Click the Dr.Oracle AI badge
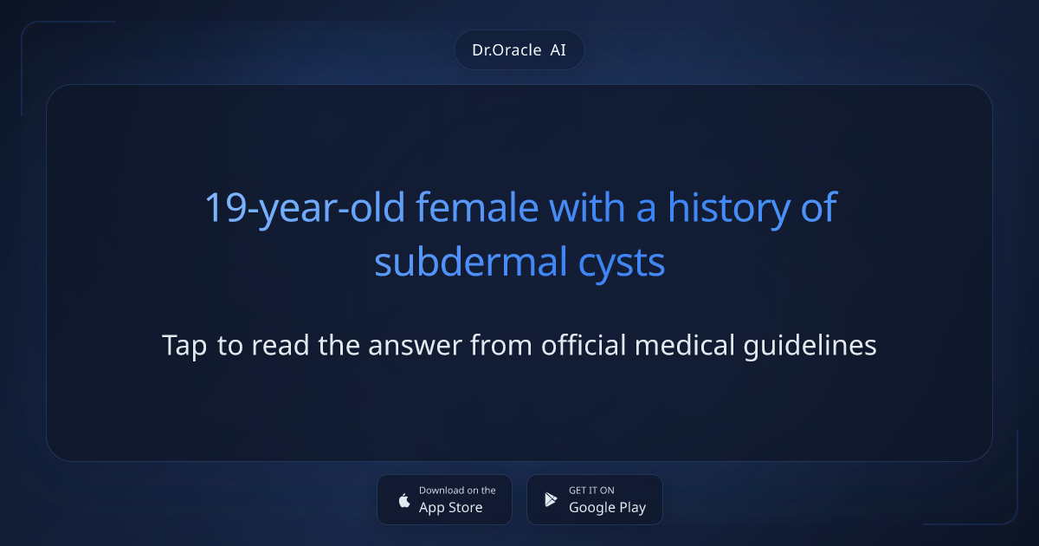519,50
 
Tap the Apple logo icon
403,500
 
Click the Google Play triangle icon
551,499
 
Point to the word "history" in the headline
719,208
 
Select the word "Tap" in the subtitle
184,346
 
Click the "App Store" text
451,508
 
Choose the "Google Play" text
607,508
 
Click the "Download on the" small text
457,491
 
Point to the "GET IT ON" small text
591,491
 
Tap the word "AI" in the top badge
558,50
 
